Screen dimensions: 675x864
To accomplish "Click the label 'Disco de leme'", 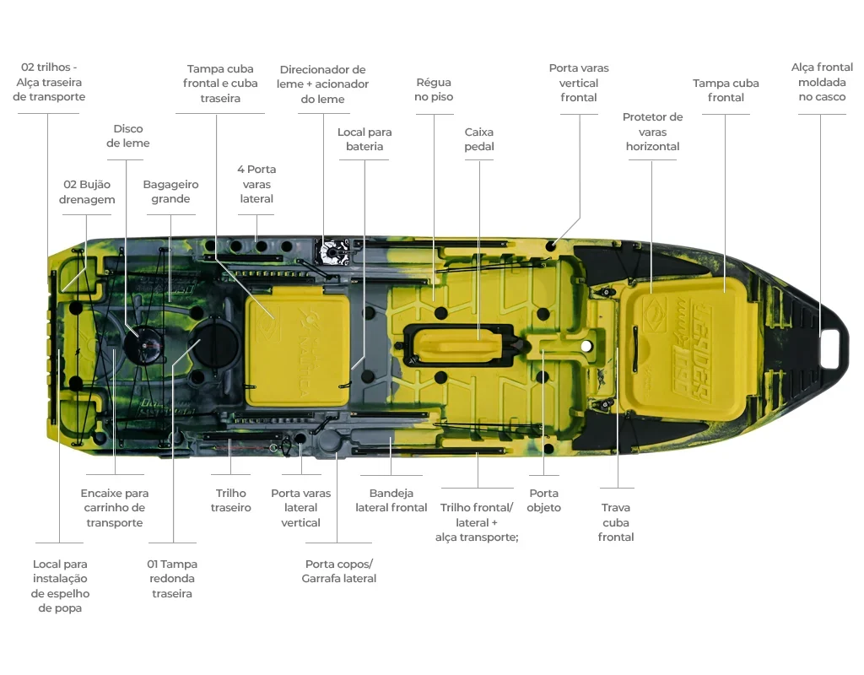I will click(128, 136).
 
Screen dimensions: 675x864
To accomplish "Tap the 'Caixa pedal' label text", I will click(479, 139).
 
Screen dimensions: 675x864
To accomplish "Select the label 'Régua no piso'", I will click(435, 89).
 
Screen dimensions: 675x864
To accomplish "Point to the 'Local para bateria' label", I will click(364, 139).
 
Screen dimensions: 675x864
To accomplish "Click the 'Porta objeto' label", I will click(544, 500).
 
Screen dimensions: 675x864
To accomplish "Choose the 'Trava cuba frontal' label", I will click(616, 522).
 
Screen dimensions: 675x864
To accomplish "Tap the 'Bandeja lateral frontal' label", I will click(391, 500).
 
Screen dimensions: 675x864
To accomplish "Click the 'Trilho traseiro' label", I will click(231, 500).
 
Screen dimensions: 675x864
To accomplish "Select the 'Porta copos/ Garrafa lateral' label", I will click(339, 571).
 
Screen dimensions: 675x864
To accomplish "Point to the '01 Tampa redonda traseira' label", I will click(172, 579).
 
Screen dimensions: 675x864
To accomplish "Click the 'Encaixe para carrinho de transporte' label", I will click(115, 508).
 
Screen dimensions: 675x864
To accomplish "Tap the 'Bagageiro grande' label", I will click(170, 192).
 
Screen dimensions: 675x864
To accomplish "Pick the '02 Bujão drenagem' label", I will click(87, 192).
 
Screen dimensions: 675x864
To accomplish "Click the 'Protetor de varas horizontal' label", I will click(653, 132).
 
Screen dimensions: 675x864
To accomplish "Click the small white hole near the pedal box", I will click(586, 346).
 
